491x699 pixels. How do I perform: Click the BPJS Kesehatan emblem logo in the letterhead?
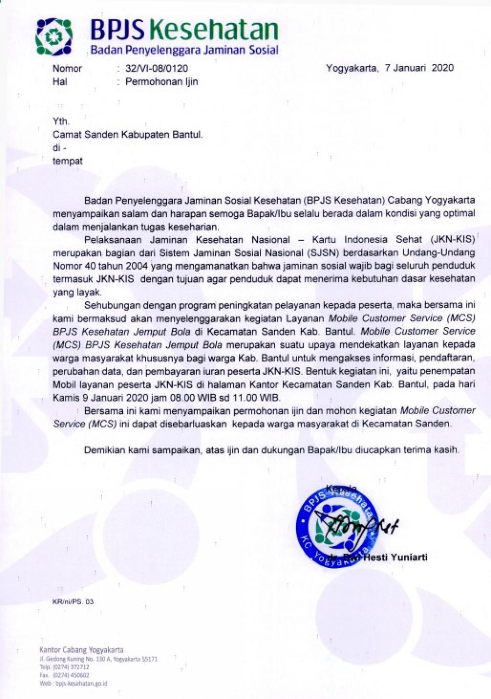click(54, 36)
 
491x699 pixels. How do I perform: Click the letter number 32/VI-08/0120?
click(157, 69)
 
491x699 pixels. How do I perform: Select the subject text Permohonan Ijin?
click(162, 82)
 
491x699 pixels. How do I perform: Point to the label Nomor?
click(67, 69)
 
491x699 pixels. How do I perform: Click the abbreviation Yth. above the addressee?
click(61, 121)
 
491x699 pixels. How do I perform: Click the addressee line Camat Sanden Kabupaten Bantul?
click(127, 135)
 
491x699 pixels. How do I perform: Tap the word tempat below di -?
click(68, 161)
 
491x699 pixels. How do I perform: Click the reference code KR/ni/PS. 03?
click(73, 602)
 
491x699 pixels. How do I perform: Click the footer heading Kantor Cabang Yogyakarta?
click(81, 649)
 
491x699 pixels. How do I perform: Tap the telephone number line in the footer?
click(64, 667)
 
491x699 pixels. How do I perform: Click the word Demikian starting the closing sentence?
click(104, 450)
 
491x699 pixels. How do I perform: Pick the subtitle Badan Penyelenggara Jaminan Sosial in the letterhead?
click(184, 50)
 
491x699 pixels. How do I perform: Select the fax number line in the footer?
click(64, 675)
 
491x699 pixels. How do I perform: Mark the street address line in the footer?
click(98, 659)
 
